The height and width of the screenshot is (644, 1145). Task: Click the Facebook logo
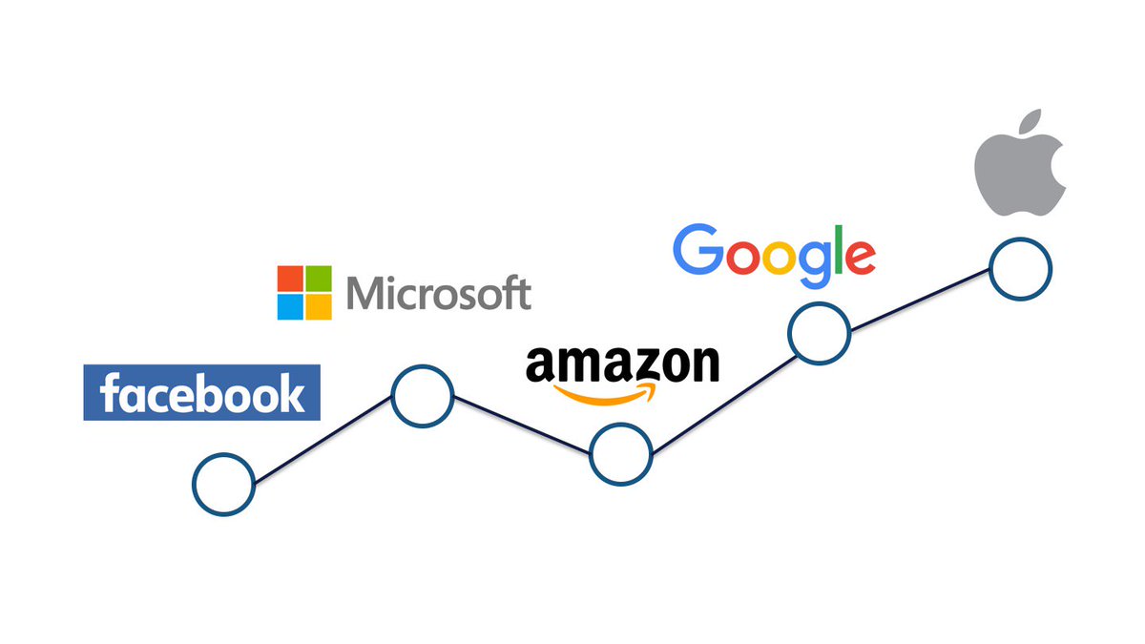coord(201,392)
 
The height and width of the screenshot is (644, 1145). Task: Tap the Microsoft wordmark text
coord(438,293)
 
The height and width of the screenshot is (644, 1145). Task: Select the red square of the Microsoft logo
coord(290,278)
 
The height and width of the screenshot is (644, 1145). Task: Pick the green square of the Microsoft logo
coord(319,278)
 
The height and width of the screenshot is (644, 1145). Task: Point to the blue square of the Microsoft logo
coord(290,306)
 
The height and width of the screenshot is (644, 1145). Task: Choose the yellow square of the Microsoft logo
coord(319,306)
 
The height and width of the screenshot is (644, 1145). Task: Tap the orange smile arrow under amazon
coord(611,392)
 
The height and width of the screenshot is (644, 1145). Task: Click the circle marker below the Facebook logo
coord(223,484)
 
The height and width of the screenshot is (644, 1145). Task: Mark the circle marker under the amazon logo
coord(621,454)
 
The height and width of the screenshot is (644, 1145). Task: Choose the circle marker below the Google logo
coord(819,333)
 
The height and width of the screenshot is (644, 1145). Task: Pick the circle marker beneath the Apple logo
coord(1020,270)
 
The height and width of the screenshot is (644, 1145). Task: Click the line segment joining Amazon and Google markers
coord(720,393)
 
